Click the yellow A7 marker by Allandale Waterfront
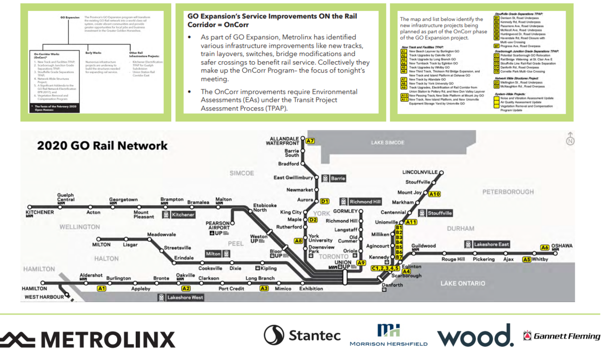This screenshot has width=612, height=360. coord(310,141)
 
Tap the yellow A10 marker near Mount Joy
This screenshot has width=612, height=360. coord(434,194)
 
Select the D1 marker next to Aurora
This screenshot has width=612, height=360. coord(325,201)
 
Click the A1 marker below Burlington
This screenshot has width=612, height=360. coord(101,288)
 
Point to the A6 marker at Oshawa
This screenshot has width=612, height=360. coord(544,247)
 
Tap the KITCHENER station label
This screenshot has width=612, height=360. coord(40,212)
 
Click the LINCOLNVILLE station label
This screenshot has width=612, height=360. coord(420,172)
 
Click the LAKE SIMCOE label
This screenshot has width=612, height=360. coord(388,142)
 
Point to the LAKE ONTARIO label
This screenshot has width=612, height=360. coord(462,284)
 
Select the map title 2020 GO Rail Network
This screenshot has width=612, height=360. coord(102,146)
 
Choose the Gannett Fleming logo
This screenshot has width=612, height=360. coord(561,336)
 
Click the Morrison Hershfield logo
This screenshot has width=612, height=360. coord(388,335)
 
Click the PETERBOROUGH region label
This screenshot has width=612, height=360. coord(508,192)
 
